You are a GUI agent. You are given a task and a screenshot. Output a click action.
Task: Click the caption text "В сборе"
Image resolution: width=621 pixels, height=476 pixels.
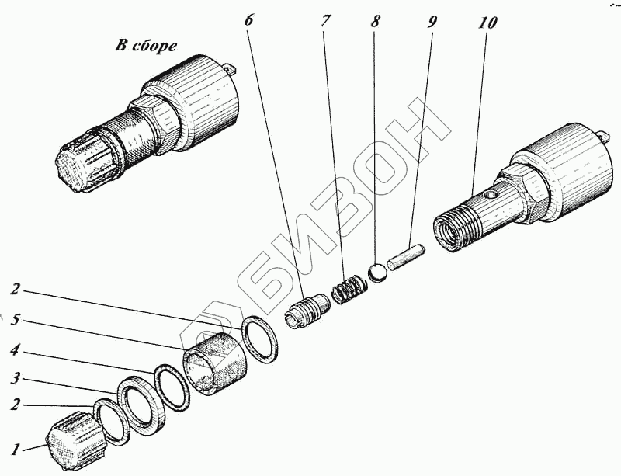click(x=147, y=46)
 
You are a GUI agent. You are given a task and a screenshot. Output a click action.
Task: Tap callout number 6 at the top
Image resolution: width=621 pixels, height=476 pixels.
click(x=249, y=20)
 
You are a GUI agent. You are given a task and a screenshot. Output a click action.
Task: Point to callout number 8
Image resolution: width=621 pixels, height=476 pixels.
click(x=376, y=20)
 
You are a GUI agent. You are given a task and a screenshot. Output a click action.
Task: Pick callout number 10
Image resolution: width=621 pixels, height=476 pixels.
click(x=487, y=21)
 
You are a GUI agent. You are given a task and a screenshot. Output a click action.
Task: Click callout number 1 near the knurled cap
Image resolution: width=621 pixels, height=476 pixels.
click(x=12, y=448)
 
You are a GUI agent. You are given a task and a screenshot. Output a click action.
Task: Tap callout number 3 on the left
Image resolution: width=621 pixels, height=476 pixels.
click(x=13, y=378)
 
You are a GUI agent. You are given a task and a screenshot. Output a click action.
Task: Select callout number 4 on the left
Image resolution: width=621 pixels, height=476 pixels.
click(x=13, y=350)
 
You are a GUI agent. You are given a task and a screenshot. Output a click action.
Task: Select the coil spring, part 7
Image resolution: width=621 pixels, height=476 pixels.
click(x=346, y=290)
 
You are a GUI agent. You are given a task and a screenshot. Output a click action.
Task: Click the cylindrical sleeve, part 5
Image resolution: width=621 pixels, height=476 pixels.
click(x=213, y=362)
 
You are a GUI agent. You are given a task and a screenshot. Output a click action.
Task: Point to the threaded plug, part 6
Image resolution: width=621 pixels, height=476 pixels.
click(x=308, y=311)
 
